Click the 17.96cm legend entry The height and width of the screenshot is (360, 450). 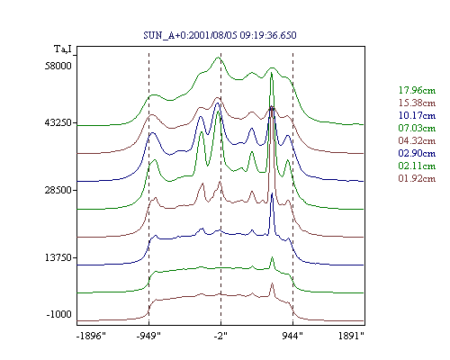pyautogui.click(x=417, y=90)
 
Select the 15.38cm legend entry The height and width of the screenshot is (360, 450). pyautogui.click(x=417, y=103)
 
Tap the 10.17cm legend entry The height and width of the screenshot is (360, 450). pyautogui.click(x=417, y=115)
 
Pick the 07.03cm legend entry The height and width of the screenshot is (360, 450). pyautogui.click(x=417, y=128)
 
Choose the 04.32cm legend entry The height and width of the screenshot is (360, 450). pyautogui.click(x=417, y=140)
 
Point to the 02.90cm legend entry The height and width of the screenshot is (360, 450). pyautogui.click(x=417, y=153)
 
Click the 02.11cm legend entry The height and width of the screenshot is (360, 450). pyautogui.click(x=417, y=166)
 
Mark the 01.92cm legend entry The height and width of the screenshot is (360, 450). pyautogui.click(x=417, y=178)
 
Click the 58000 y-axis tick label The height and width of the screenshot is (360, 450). pyautogui.click(x=58, y=66)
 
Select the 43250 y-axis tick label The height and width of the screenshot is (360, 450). pyautogui.click(x=58, y=122)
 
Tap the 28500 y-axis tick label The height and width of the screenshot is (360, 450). pyautogui.click(x=58, y=190)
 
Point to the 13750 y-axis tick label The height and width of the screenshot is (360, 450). pyautogui.click(x=58, y=257)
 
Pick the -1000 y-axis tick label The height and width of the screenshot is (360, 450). pyautogui.click(x=59, y=314)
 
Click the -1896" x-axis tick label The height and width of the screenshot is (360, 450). pyautogui.click(x=91, y=336)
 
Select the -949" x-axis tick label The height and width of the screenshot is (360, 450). pyautogui.click(x=148, y=336)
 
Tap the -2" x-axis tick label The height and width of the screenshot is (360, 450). pyautogui.click(x=220, y=336)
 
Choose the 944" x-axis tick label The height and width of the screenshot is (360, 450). pyautogui.click(x=292, y=336)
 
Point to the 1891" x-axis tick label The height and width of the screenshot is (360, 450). pyautogui.click(x=351, y=336)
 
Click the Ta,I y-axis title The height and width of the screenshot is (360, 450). pyautogui.click(x=63, y=49)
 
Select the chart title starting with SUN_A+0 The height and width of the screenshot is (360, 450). pyautogui.click(x=220, y=35)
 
